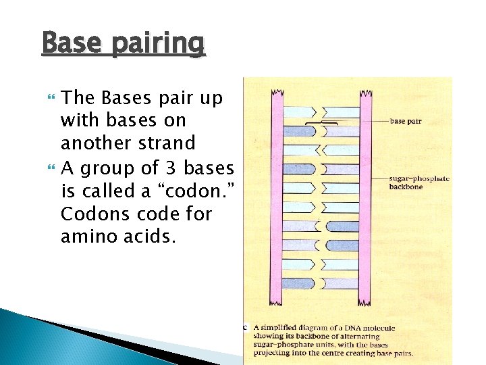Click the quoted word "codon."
(x=196, y=191)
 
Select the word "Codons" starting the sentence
(x=90, y=214)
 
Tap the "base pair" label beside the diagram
(x=406, y=121)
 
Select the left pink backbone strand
(x=277, y=196)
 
